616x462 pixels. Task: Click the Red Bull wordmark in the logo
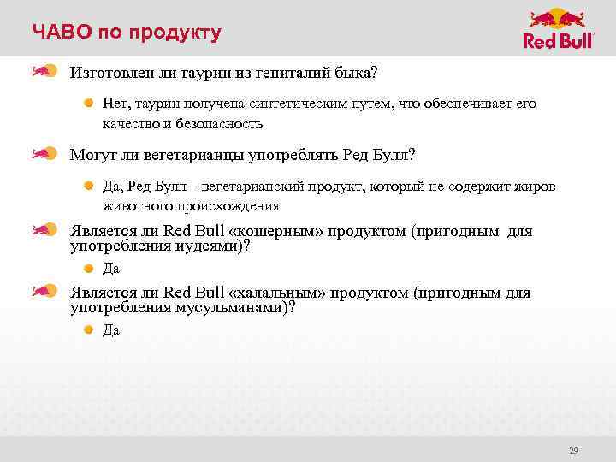559,41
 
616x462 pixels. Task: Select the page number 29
574,450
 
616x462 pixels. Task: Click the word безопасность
220,123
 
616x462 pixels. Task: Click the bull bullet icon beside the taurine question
44,70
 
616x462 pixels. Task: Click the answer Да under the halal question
111,330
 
